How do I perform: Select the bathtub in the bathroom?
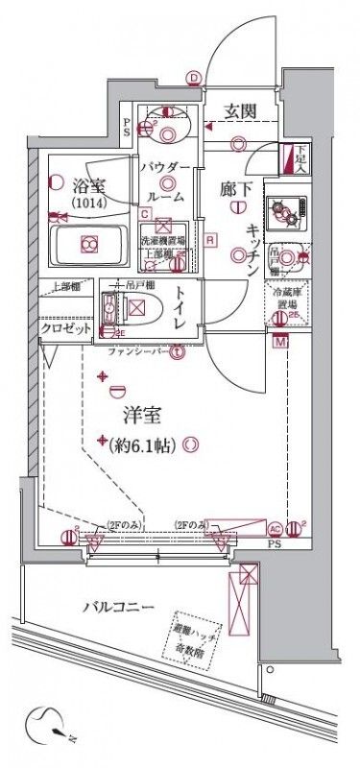pos(88,244)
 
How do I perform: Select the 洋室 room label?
pos(141,416)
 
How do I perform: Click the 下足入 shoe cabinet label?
pos(300,156)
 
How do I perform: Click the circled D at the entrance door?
pos(194,79)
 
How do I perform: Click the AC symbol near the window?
pos(274,527)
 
